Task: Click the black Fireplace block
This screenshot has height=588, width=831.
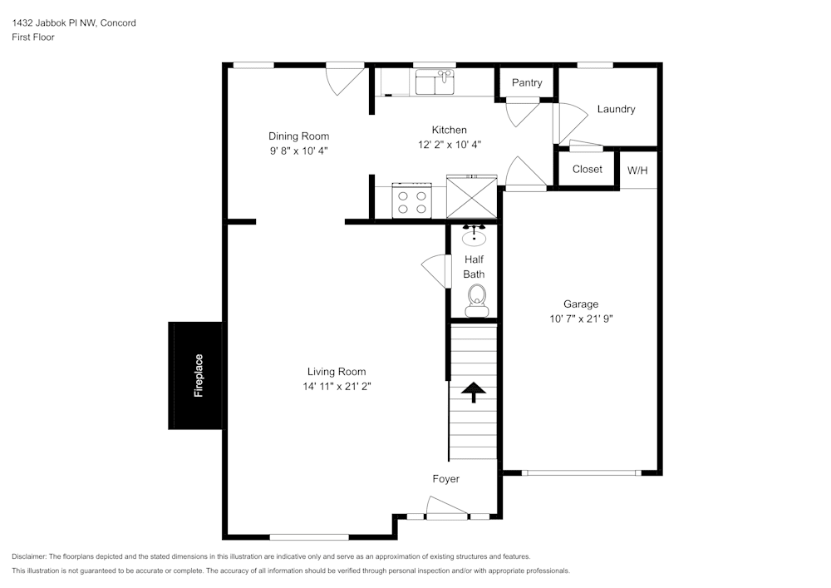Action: tap(195, 375)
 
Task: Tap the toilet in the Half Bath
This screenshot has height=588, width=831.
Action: tap(475, 299)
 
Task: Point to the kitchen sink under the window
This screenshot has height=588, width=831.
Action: tap(435, 82)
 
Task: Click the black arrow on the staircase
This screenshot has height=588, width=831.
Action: tap(474, 391)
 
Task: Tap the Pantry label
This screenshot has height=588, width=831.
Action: tap(527, 82)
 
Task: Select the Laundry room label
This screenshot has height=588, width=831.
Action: tap(616, 109)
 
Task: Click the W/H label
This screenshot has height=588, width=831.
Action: tap(637, 170)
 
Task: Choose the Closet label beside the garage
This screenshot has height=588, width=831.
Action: tap(587, 169)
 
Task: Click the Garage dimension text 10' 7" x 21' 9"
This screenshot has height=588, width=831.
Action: tap(581, 319)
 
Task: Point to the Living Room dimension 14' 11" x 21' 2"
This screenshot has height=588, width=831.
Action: tap(337, 386)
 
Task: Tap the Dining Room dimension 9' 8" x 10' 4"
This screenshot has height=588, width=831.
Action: tap(298, 151)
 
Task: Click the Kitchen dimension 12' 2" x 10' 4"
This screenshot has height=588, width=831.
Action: tap(449, 144)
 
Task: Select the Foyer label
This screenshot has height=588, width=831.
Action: tap(445, 479)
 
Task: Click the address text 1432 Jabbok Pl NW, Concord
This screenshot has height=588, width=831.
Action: tap(74, 23)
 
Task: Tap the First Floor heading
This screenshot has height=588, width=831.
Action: tap(33, 37)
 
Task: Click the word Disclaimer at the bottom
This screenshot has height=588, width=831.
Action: tap(29, 556)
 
